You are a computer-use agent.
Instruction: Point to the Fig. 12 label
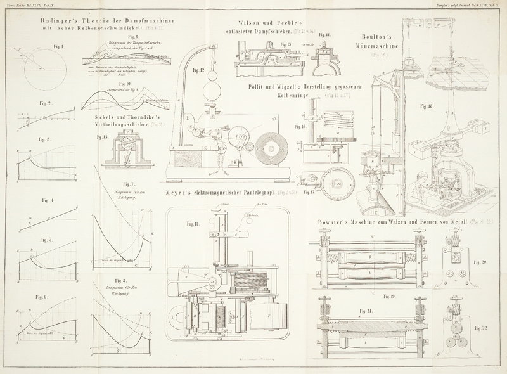[197, 70]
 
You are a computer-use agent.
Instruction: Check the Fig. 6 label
[42, 297]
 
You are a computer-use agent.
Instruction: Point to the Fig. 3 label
[44, 139]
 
